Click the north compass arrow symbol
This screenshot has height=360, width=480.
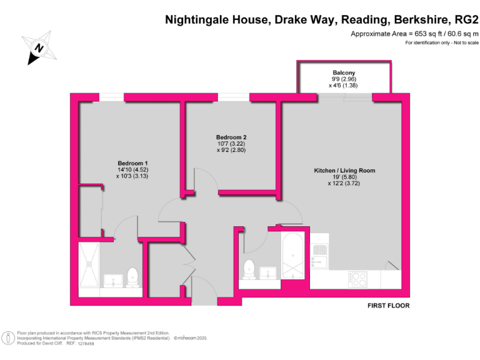[x=39, y=47]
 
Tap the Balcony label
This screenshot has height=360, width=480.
[x=344, y=73]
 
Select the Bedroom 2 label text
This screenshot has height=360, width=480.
[x=227, y=137]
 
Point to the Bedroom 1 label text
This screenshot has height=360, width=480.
[x=128, y=164]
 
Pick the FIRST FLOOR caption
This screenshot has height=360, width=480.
[x=388, y=306]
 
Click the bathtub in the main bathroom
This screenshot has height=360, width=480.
[x=292, y=257]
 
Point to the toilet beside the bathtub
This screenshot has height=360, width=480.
[x=249, y=269]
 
